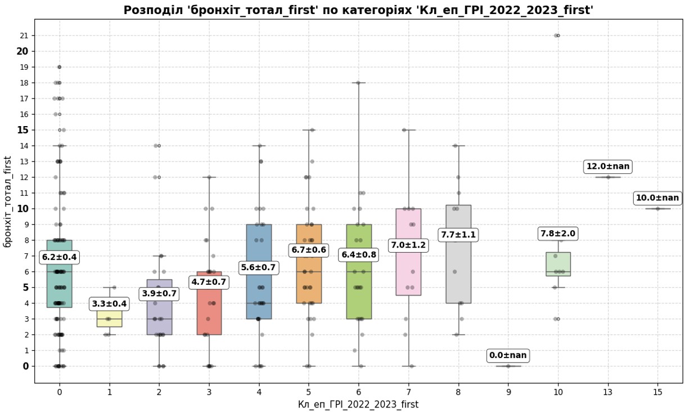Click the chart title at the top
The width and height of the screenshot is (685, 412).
358,10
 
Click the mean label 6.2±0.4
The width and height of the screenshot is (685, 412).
59,258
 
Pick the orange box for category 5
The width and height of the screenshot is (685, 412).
309,281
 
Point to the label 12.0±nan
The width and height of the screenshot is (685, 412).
608,167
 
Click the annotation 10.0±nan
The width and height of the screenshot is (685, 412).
657,198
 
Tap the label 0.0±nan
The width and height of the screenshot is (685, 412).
508,356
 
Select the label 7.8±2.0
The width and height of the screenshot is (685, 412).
558,234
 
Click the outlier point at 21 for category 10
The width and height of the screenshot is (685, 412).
557,35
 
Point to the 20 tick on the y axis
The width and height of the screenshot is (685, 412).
22,51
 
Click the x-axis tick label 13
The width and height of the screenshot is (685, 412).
607,391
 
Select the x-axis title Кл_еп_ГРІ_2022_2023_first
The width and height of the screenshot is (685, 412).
358,404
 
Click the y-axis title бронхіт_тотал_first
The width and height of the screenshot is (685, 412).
8,200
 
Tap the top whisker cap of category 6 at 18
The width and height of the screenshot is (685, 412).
359,83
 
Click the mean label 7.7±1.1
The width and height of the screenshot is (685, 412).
458,235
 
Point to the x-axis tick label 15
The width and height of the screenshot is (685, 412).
657,391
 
